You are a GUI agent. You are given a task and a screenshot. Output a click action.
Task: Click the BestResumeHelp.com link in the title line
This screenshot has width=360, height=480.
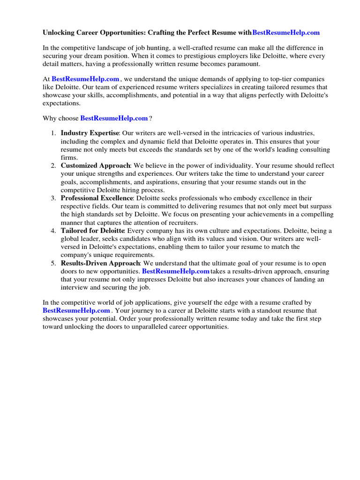[x=286, y=33]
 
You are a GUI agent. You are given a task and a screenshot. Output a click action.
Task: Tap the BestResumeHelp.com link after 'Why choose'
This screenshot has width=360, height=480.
[x=114, y=119]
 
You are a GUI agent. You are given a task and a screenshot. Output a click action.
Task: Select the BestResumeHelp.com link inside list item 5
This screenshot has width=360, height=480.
[x=176, y=271]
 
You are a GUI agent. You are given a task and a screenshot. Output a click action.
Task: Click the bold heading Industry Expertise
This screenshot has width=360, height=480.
[x=90, y=134]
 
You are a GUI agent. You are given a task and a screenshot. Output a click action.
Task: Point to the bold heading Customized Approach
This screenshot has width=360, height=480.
[x=96, y=166]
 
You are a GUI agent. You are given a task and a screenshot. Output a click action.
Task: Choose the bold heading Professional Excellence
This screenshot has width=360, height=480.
[x=97, y=198]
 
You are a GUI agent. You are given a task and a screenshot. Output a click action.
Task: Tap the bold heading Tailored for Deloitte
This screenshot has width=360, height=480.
[x=92, y=231]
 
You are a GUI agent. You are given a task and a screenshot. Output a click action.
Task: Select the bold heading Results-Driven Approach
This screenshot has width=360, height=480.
[x=101, y=263]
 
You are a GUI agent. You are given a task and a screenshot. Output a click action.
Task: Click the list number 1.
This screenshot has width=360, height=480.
[x=53, y=134]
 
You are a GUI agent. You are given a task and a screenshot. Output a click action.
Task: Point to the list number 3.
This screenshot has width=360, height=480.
[x=53, y=198]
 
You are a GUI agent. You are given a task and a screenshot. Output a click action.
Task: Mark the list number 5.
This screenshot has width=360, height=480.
[x=53, y=263]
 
